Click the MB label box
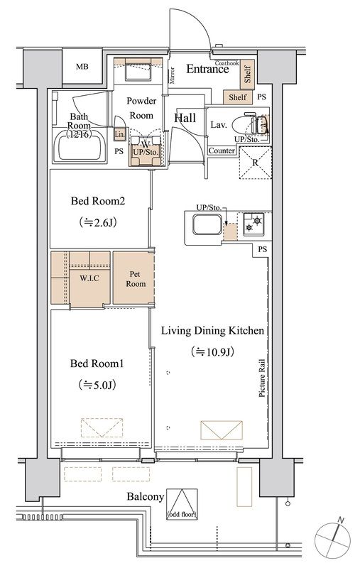pos(82,67)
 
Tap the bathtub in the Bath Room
pos(80,146)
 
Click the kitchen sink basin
pos(207,224)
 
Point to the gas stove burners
pos(253,224)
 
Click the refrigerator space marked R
pos(256,163)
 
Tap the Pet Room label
pos(136,279)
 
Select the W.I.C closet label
pos(89,278)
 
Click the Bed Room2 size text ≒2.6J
pos(98,222)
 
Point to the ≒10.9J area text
pos(212,351)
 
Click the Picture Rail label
pos(261,378)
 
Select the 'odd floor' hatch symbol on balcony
pos(182,504)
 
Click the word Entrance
pos(207,69)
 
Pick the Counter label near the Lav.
pos(222,151)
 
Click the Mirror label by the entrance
pos(173,75)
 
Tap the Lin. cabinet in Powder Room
pos(120,134)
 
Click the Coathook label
pos(227,63)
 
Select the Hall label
pos(185,118)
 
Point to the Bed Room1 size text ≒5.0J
pos(97,385)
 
